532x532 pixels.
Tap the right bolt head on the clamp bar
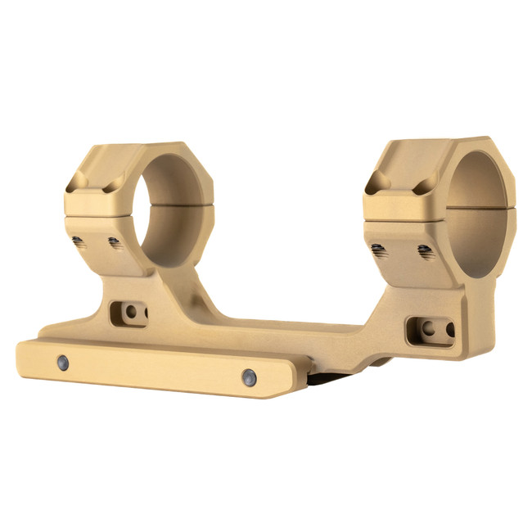pyautogui.click(x=249, y=377)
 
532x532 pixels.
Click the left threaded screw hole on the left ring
pyautogui.click(x=78, y=241)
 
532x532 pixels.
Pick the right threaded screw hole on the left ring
pyautogui.click(x=115, y=243)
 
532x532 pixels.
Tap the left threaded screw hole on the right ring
pyautogui.click(x=378, y=250)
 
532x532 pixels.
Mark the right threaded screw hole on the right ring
pyautogui.click(x=425, y=252)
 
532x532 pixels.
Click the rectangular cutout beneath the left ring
pyautogui.click(x=128, y=313)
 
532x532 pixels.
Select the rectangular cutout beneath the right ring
pyautogui.click(x=431, y=329)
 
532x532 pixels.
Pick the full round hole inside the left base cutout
pyautogui.click(x=130, y=312)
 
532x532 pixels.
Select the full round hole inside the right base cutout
pyautogui.click(x=426, y=328)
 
